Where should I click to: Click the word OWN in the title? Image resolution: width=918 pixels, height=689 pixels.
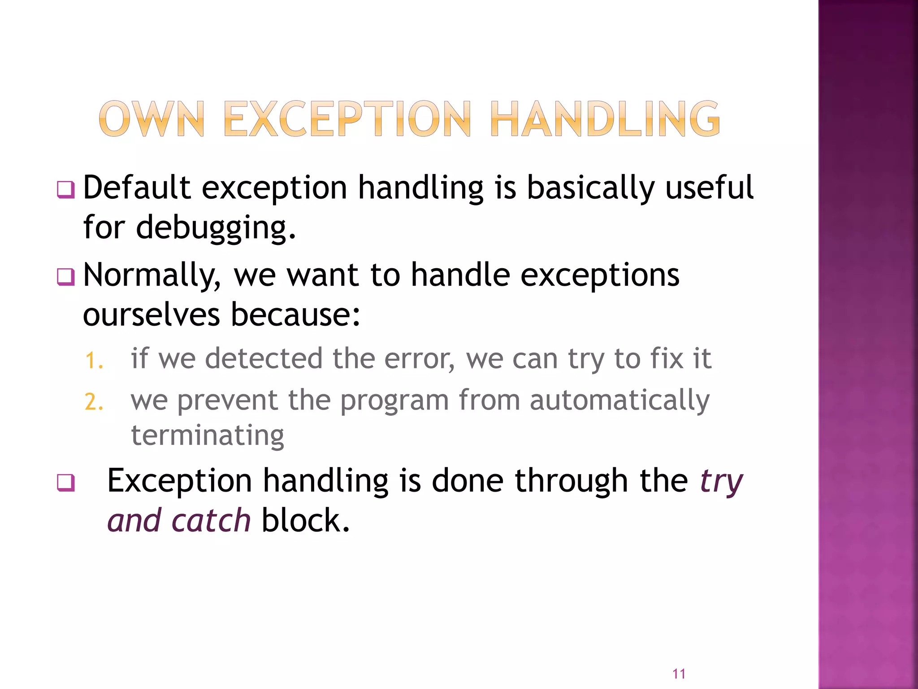click(x=152, y=119)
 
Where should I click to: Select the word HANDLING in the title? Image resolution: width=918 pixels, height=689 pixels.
click(x=605, y=119)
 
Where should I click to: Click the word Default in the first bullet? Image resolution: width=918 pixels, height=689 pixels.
click(x=137, y=188)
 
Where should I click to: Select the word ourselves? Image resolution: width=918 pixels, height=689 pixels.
click(x=152, y=315)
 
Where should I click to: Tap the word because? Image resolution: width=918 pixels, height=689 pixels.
click(x=295, y=315)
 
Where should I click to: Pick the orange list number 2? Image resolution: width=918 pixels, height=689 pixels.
click(x=94, y=402)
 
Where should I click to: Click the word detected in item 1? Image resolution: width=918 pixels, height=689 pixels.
click(x=264, y=359)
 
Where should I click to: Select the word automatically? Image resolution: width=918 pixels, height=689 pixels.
click(x=619, y=400)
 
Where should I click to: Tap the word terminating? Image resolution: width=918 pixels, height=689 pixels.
click(x=208, y=435)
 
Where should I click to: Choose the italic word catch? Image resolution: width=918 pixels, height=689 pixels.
click(x=211, y=521)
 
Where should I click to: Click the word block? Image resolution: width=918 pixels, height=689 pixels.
click(x=305, y=521)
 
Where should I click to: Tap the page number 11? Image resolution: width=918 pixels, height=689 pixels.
click(x=679, y=674)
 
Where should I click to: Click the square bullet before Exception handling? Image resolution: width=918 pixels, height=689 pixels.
click(x=66, y=483)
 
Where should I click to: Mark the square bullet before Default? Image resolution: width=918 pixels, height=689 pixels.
click(x=66, y=190)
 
